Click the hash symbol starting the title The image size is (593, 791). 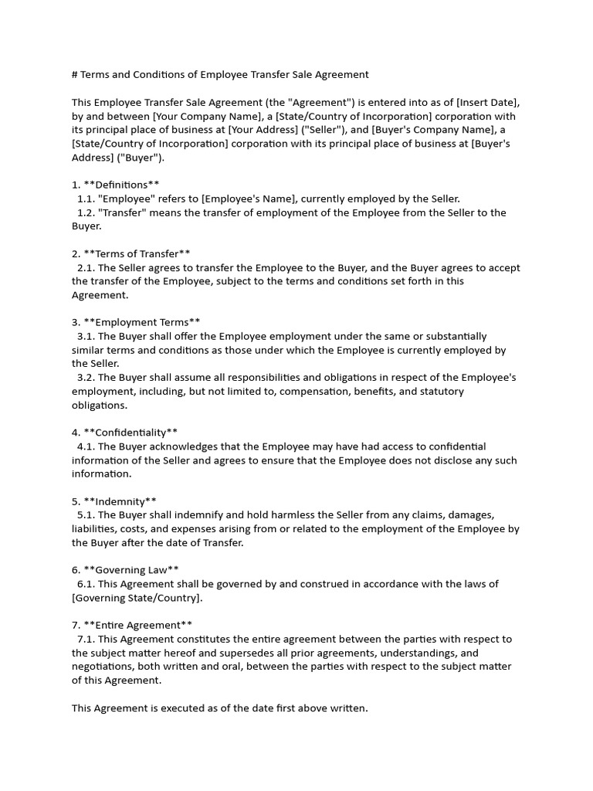point(75,75)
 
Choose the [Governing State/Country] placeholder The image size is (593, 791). point(137,598)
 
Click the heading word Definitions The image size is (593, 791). point(121,185)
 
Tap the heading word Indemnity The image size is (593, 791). point(120,501)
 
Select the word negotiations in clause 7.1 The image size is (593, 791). point(104,667)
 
